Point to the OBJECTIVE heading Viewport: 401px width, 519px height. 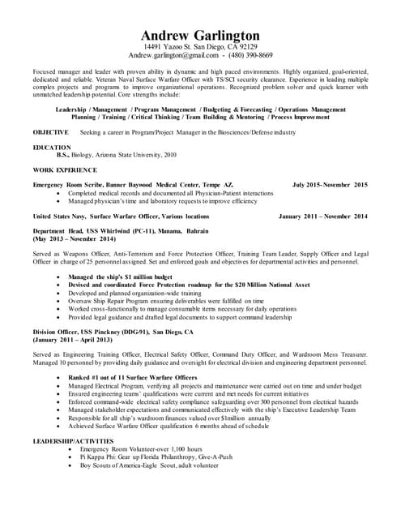[50, 131]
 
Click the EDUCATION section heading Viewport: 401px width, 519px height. [52, 148]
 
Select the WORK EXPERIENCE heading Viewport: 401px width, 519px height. [65, 169]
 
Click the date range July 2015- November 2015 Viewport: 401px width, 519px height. [330, 185]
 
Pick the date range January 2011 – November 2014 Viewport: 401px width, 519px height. [322, 217]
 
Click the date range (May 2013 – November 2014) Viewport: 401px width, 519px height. [74, 240]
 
